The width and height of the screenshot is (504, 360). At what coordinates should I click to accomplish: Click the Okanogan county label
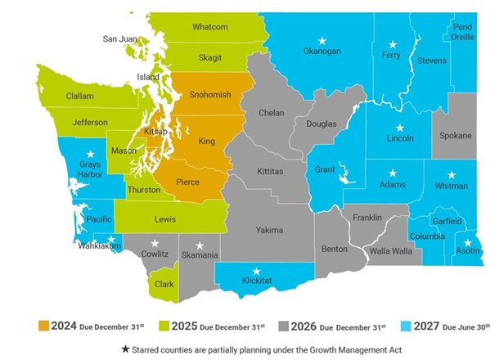322,56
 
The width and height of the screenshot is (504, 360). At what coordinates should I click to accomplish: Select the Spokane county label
457,135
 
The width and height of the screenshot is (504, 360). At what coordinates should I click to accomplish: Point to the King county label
206,142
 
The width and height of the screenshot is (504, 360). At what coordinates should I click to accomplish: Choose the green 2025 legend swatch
150,325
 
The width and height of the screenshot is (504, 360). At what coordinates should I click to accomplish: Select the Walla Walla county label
389,251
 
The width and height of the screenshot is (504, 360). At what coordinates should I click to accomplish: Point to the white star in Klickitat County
257,271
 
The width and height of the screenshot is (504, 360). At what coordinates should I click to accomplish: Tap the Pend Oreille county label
463,32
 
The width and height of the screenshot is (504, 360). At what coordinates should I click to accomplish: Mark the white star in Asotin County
467,243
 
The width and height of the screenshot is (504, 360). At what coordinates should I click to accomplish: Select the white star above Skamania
200,245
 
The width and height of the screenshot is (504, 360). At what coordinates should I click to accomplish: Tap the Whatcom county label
209,27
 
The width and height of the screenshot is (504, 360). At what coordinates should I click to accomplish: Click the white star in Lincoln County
399,128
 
